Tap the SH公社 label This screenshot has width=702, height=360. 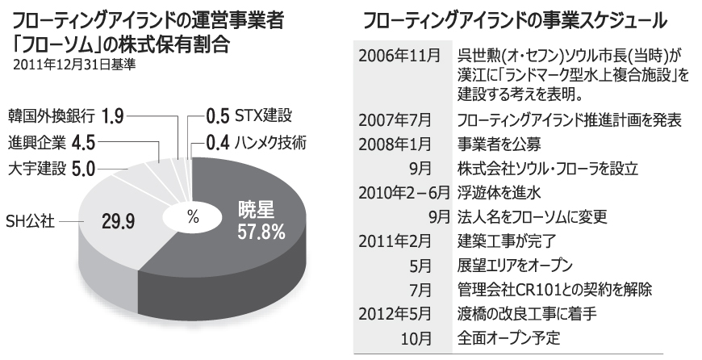(x=31, y=220)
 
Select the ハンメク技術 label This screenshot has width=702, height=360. (x=270, y=143)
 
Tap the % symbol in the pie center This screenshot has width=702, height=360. (x=192, y=216)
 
